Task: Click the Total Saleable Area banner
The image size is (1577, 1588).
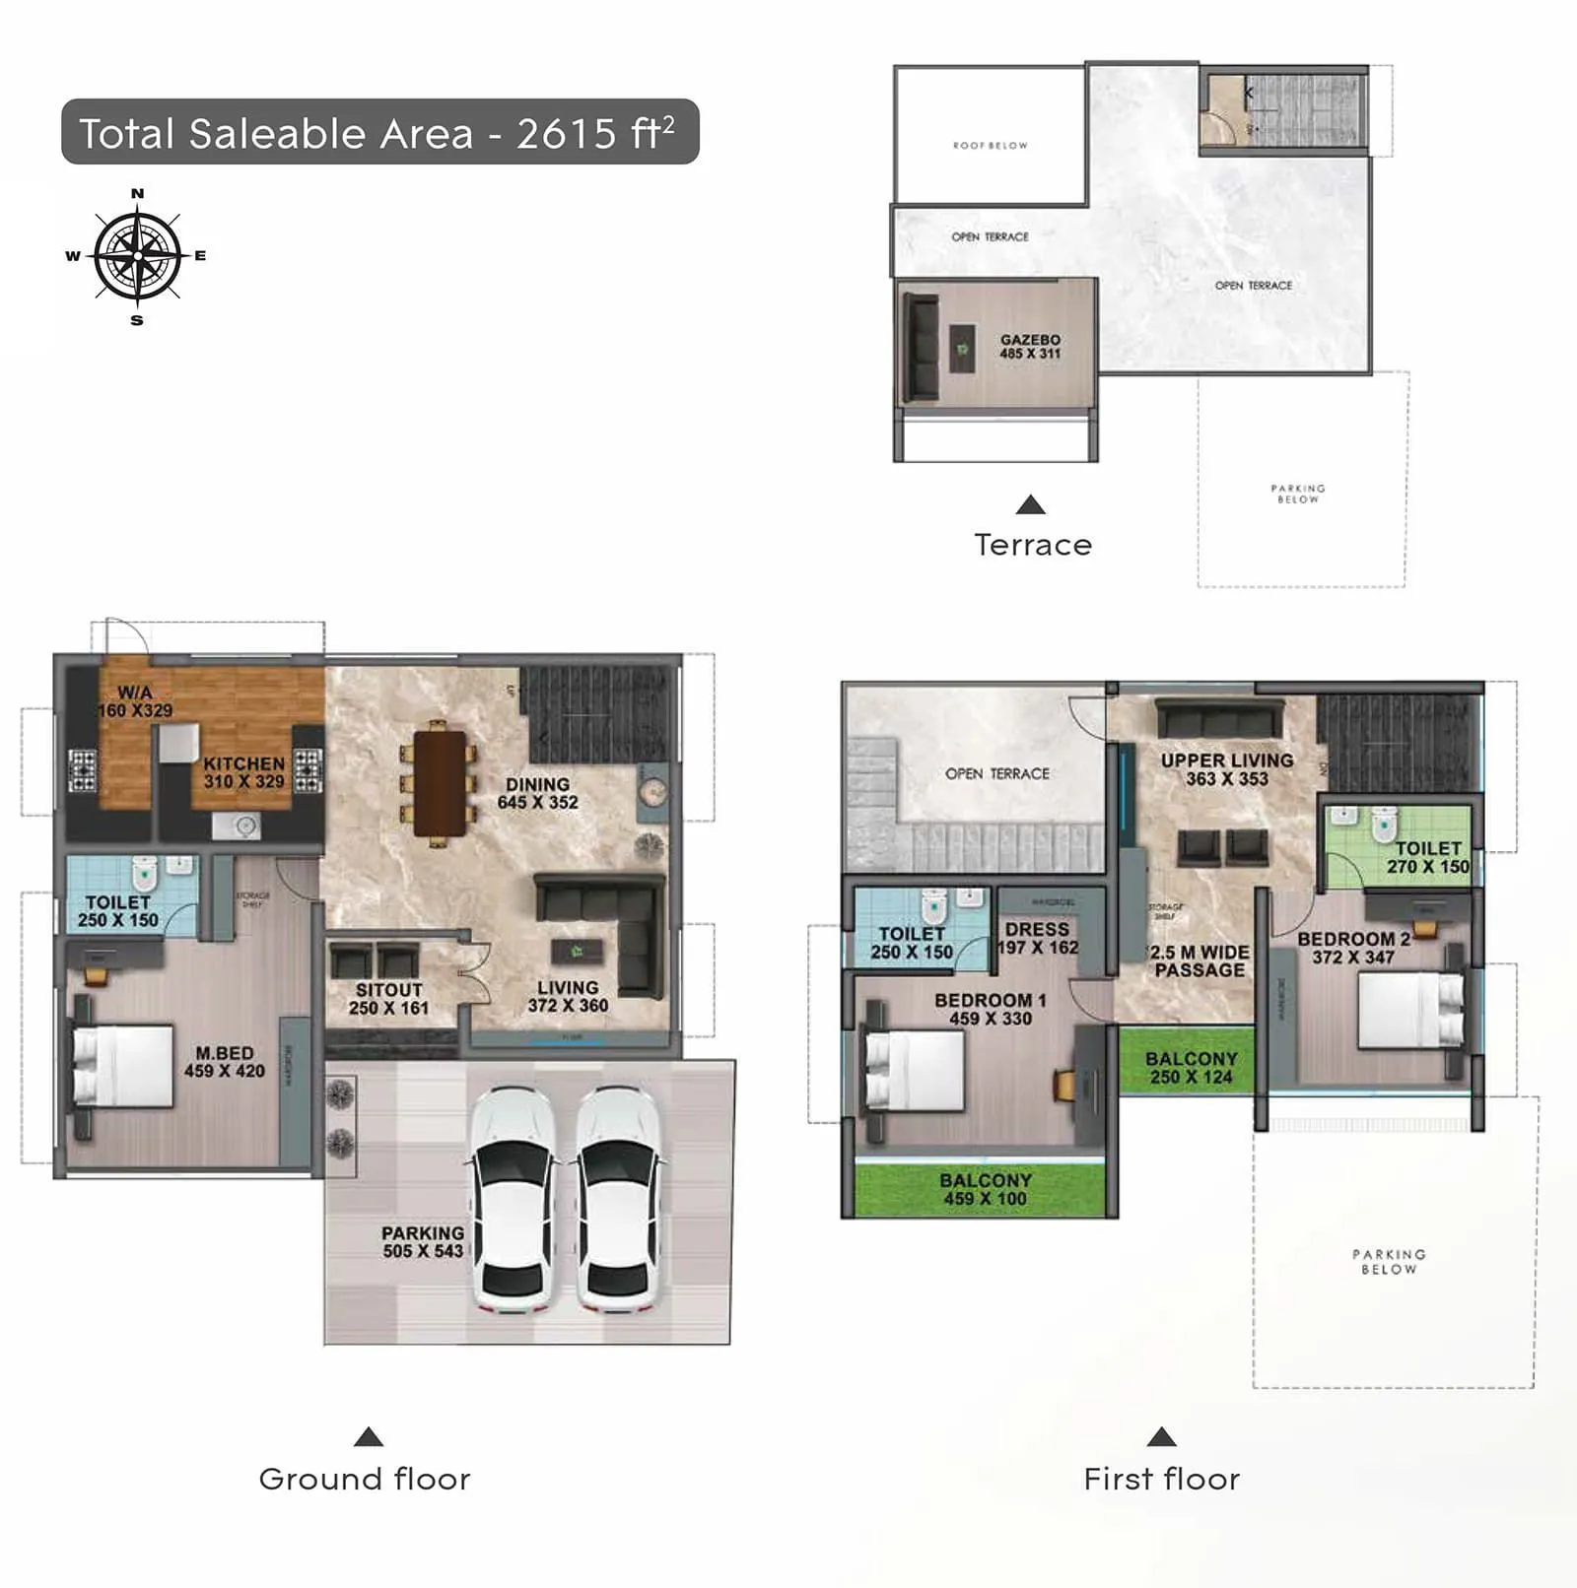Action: point(379,132)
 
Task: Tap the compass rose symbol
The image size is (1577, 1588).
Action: point(137,256)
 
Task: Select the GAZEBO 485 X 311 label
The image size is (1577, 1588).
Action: point(1030,346)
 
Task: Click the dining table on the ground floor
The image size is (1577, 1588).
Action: point(440,783)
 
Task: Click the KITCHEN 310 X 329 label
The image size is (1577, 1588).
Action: point(243,772)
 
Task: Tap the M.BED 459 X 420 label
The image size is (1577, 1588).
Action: point(224,1062)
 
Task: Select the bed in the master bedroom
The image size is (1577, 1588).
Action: point(122,1066)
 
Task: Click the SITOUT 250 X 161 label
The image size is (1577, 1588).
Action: point(388,998)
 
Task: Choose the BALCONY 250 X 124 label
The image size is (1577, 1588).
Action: point(1191,1067)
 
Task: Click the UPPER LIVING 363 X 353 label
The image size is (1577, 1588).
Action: point(1226,768)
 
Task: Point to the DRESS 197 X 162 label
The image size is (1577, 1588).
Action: point(1038,938)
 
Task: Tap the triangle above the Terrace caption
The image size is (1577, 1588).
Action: point(1030,505)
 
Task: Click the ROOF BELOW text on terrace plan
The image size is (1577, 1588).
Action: point(990,145)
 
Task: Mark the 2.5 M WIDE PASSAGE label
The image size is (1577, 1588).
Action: point(1200,960)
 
